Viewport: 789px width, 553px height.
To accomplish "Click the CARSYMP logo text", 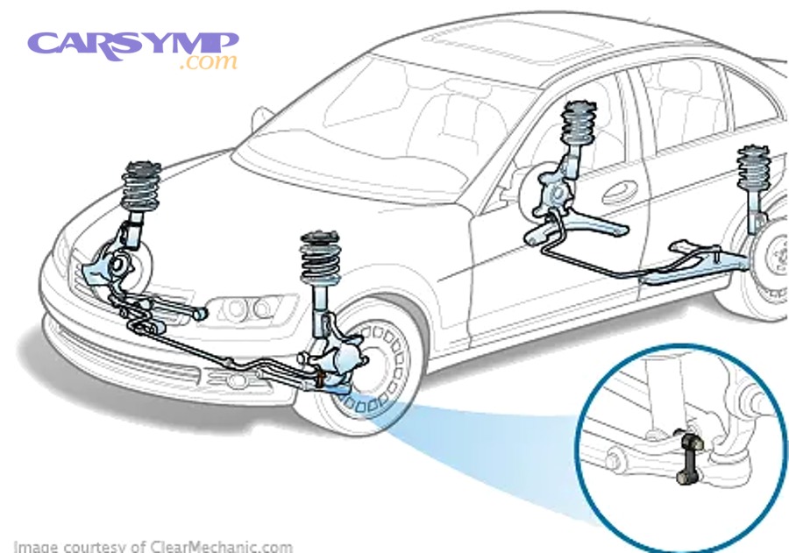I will [131, 44].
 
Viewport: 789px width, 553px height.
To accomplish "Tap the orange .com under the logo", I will [208, 63].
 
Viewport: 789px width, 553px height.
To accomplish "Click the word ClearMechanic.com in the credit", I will [215, 546].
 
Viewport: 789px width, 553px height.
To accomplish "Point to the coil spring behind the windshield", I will [578, 127].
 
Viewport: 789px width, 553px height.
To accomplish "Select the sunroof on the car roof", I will [473, 39].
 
